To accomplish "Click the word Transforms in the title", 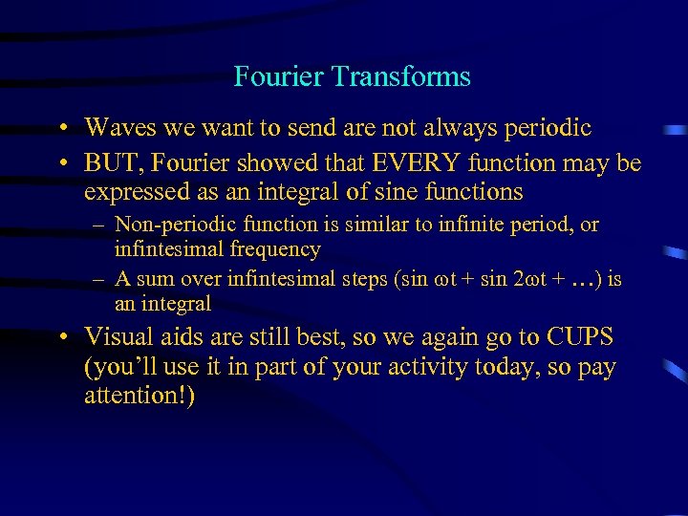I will [x=413, y=77].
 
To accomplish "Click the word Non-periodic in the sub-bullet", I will [x=175, y=226].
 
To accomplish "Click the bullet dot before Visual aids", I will [x=61, y=338].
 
